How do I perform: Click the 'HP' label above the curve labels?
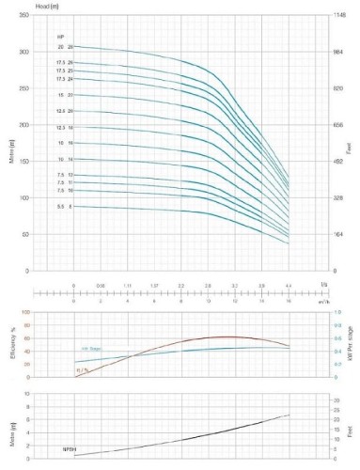pos(60,36)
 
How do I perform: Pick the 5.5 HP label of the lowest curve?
pos(59,206)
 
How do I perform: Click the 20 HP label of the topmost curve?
pos(59,46)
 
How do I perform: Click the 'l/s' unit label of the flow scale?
pos(325,282)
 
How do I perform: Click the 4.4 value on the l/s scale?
pos(289,283)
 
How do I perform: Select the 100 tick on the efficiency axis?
pos(25,311)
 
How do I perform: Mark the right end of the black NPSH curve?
pos(290,415)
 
